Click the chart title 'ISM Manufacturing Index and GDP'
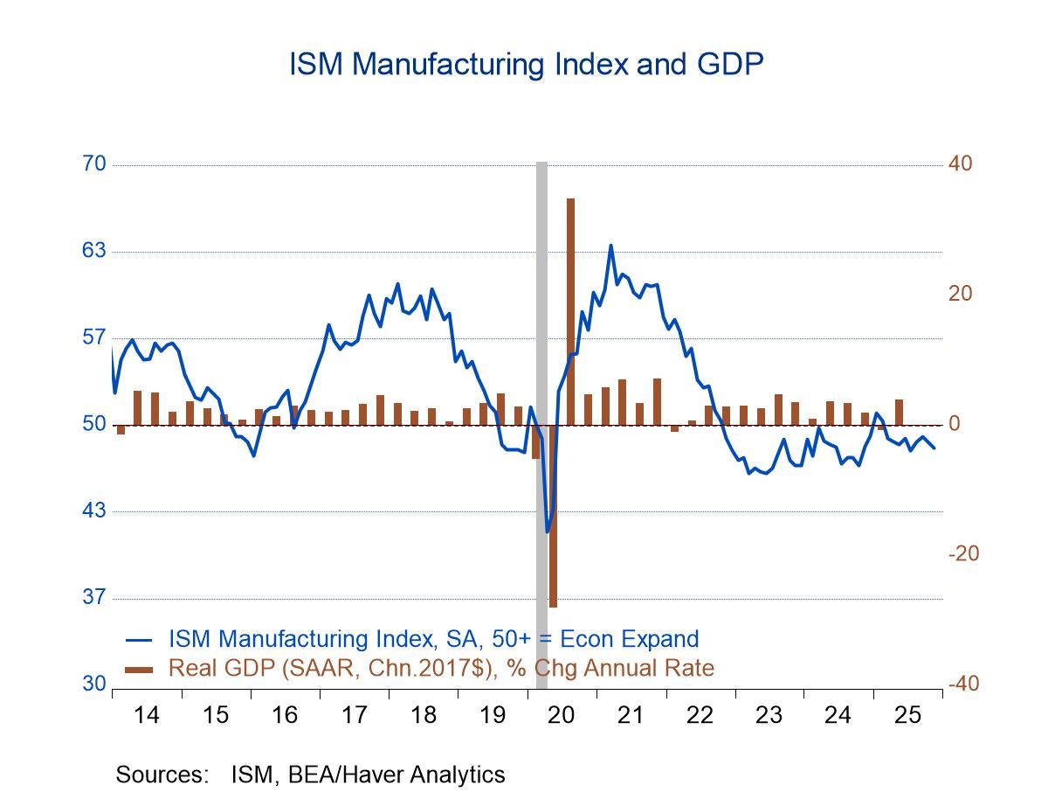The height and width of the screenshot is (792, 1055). click(527, 65)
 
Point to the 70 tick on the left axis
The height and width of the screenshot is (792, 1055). click(93, 164)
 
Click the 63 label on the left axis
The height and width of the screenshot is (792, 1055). click(93, 251)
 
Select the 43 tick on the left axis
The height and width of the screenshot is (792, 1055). click(93, 511)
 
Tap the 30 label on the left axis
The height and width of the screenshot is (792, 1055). click(93, 684)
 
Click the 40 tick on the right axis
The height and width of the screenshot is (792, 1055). click(961, 164)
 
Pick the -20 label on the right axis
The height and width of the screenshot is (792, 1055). click(962, 554)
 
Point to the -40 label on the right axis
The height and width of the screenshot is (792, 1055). click(962, 684)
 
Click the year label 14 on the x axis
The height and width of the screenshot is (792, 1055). click(147, 715)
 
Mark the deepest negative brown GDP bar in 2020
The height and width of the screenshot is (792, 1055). click(553, 516)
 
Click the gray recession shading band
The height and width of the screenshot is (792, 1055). click(541, 350)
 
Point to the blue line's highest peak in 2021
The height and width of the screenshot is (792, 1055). click(610, 246)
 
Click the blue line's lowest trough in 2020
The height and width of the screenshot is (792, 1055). click(548, 531)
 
